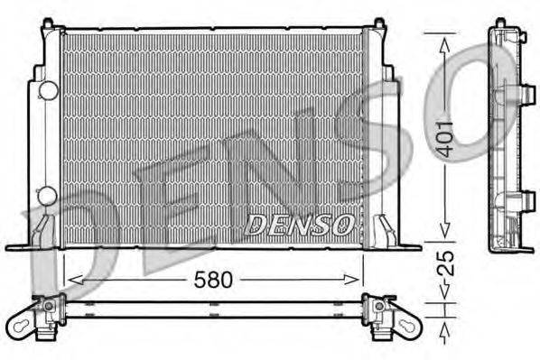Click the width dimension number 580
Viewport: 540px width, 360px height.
[x=214, y=280]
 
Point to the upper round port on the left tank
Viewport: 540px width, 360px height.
[x=47, y=90]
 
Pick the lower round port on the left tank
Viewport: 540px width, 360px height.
[x=47, y=196]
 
